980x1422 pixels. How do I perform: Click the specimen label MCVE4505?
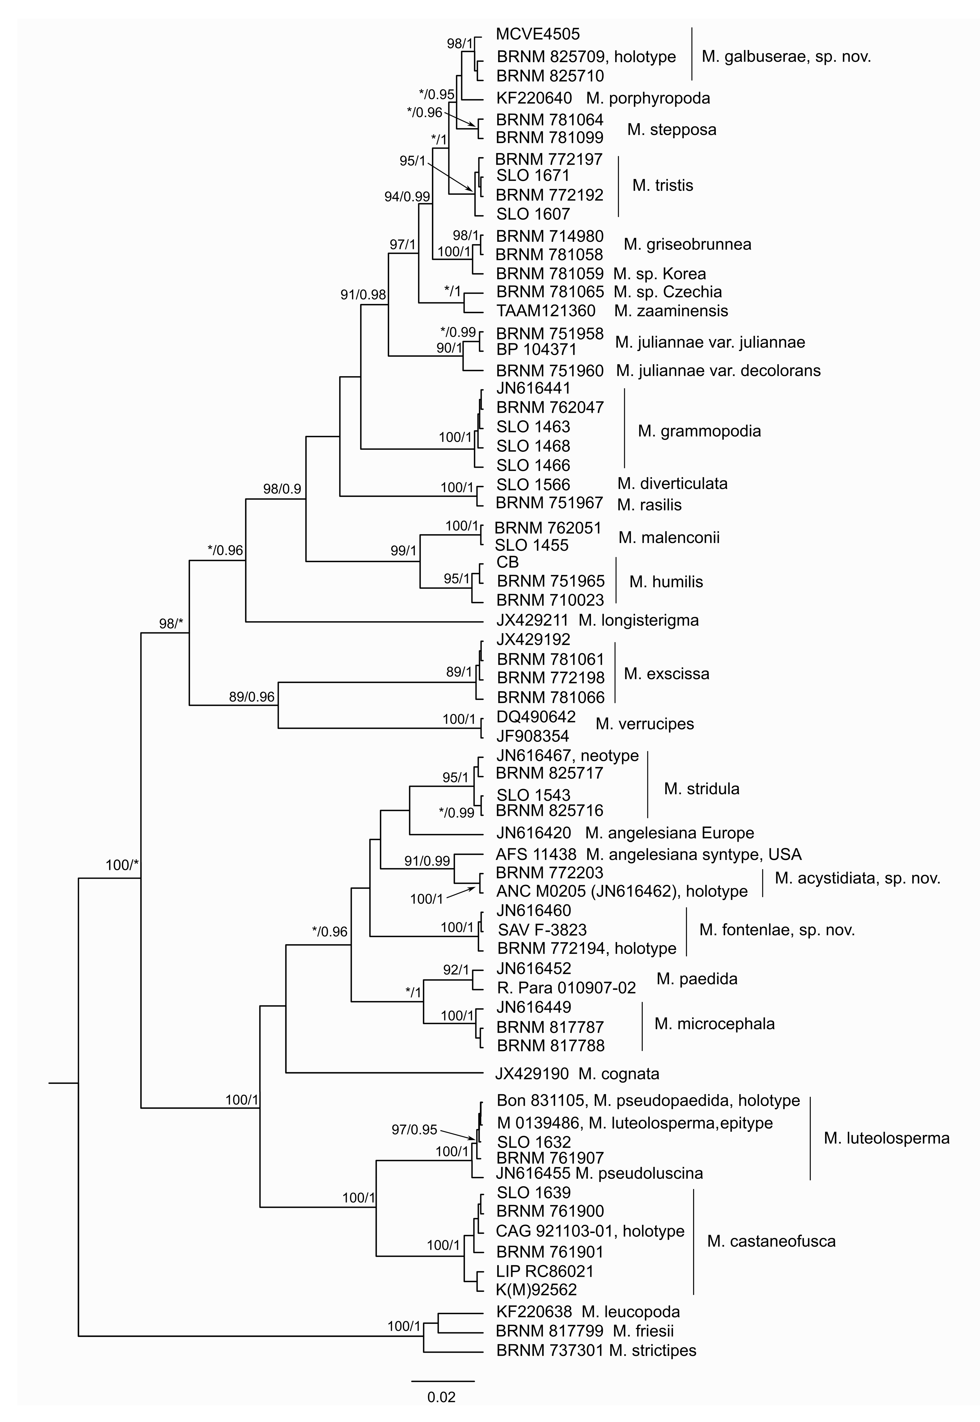537,35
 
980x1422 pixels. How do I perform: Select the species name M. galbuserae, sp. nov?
786,57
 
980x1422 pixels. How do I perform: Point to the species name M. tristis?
662,185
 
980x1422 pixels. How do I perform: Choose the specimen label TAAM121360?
545,311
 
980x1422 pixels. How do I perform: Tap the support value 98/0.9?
282,489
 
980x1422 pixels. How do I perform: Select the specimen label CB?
507,562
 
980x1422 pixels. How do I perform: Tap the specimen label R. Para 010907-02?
566,988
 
